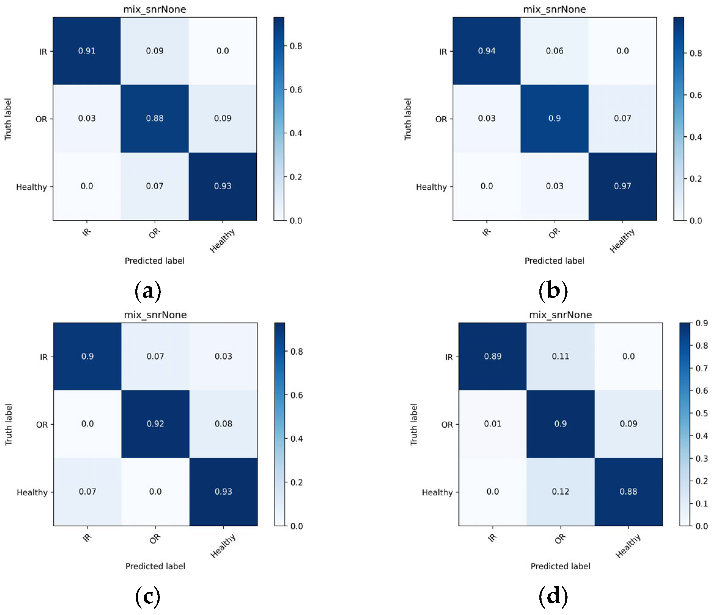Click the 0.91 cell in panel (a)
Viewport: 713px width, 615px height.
click(x=87, y=51)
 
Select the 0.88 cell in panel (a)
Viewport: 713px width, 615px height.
click(x=155, y=118)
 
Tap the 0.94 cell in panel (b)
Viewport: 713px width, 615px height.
click(x=487, y=51)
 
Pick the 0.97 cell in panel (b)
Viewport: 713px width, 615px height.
click(x=622, y=186)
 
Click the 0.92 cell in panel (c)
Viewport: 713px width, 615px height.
click(x=155, y=424)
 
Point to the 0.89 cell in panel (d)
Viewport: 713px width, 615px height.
click(x=492, y=356)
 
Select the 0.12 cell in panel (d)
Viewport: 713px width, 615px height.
click(x=560, y=492)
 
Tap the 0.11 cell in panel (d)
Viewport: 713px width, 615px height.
click(x=560, y=356)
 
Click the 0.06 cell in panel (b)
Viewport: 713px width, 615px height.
click(x=554, y=51)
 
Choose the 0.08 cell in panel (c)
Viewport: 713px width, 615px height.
click(x=223, y=424)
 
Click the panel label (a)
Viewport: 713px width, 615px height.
click(x=148, y=291)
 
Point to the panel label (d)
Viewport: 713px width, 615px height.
click(x=553, y=596)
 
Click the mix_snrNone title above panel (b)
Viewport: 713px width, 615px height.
click(x=554, y=9)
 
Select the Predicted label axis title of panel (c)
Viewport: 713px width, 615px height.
click(x=155, y=566)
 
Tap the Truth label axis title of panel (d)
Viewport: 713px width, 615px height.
click(x=413, y=424)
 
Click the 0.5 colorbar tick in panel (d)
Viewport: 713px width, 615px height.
click(x=702, y=413)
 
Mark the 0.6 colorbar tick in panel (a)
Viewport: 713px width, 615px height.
click(x=296, y=90)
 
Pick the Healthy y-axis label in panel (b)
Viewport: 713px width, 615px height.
click(x=431, y=187)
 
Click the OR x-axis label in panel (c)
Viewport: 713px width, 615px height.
click(x=155, y=539)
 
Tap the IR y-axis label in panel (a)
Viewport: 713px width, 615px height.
click(x=43, y=52)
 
